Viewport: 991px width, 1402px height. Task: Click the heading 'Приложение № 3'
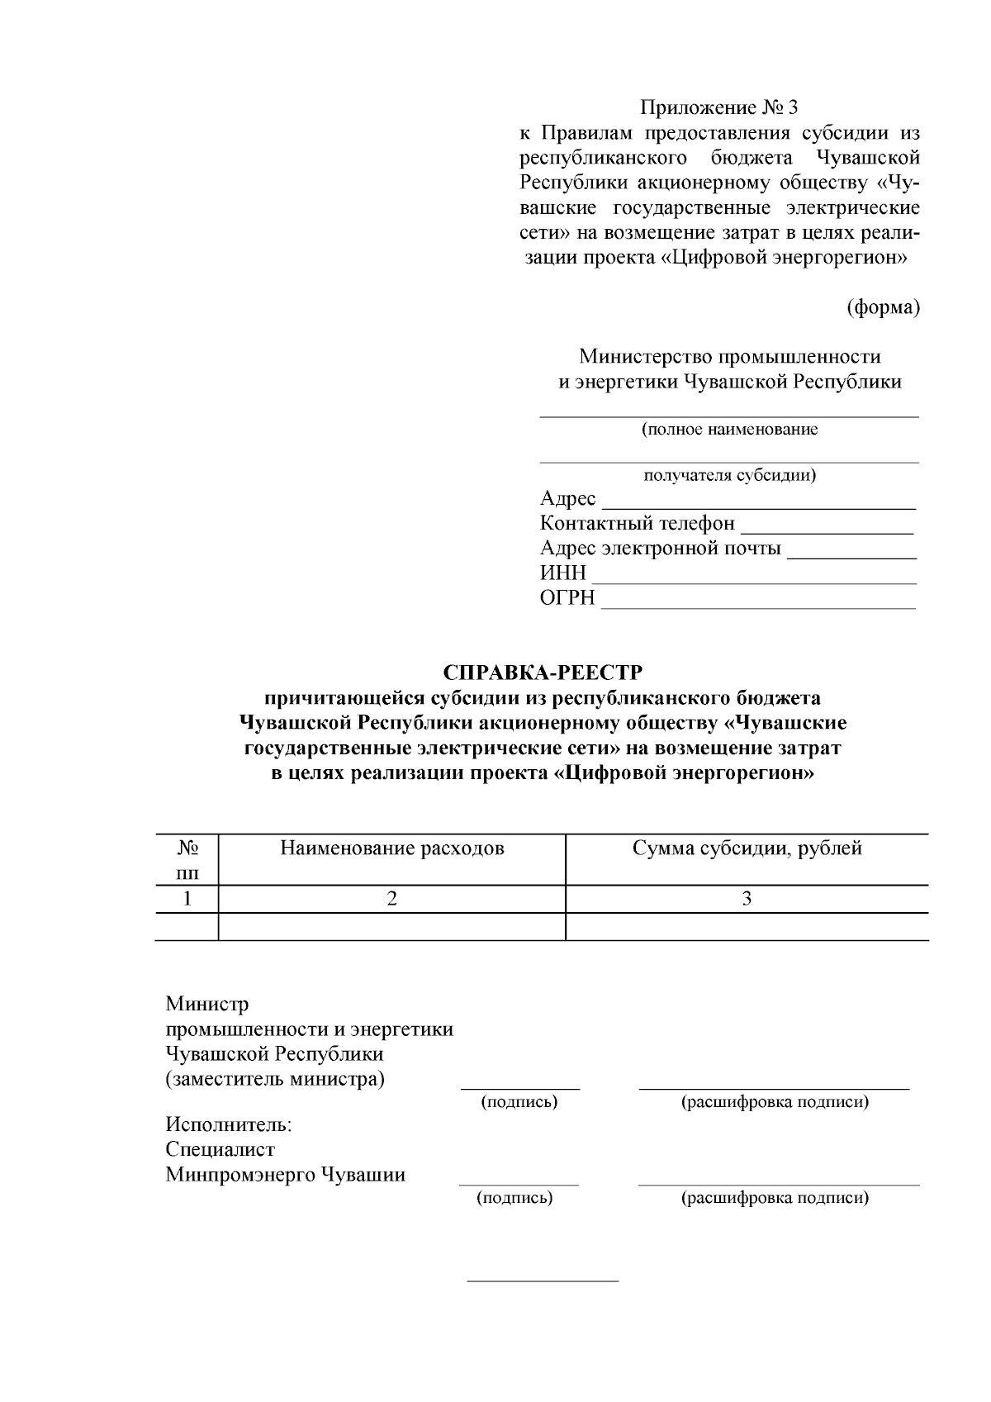tap(719, 107)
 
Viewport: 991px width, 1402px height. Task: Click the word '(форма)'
tap(883, 307)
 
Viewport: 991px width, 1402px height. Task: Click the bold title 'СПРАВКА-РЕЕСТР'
tap(542, 672)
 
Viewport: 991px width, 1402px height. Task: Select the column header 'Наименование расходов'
tap(392, 848)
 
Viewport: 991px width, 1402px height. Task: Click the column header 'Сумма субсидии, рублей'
tap(747, 848)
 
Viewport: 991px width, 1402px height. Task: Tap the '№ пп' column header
tap(187, 860)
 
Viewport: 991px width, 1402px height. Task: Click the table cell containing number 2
tap(392, 899)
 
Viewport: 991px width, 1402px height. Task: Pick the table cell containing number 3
tap(747, 899)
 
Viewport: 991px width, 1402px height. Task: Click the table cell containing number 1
tap(187, 899)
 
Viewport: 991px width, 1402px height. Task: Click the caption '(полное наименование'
tap(730, 430)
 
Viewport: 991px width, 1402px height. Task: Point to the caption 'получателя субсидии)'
tap(730, 475)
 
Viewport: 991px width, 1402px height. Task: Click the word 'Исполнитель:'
tap(229, 1124)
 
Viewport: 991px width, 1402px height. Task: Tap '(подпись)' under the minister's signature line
tap(519, 1102)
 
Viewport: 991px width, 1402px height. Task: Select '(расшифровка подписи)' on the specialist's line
tap(774, 1198)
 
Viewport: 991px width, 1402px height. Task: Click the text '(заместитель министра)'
tap(275, 1079)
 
